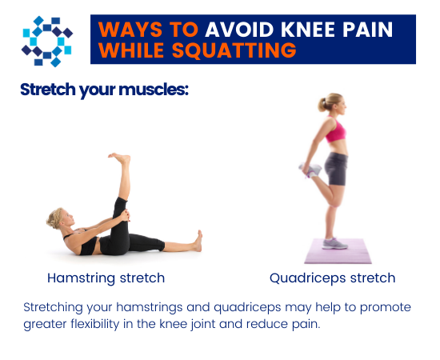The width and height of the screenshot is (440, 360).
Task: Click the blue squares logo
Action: click(46, 39)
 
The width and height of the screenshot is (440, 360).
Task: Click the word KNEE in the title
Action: click(297, 30)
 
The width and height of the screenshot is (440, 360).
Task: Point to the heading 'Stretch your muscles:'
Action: click(104, 88)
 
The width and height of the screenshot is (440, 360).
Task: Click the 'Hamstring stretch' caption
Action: click(106, 278)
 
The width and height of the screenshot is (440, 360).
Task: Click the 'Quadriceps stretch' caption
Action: click(332, 278)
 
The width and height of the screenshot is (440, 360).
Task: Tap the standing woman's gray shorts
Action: click(335, 167)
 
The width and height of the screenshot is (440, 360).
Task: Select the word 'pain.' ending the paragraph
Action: click(304, 326)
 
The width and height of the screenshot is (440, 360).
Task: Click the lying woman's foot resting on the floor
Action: click(197, 240)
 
